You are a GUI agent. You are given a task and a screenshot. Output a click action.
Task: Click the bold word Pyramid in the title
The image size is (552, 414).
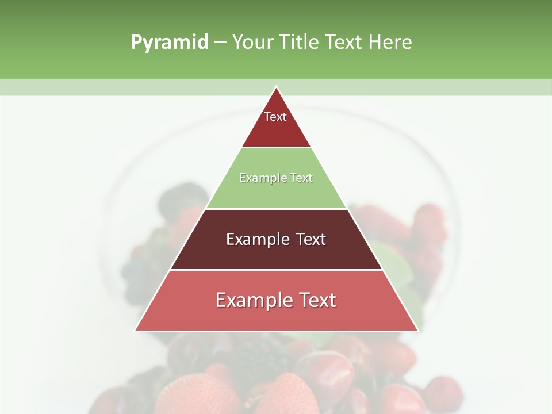169,43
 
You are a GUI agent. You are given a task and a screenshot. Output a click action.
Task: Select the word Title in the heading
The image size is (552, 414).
299,43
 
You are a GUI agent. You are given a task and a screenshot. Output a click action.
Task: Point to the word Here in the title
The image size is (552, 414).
390,43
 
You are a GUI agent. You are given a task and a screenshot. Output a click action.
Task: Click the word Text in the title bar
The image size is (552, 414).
344,43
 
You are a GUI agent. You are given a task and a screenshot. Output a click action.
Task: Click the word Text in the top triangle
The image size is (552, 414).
275,117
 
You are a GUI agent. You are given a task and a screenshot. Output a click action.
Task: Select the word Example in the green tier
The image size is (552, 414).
260,178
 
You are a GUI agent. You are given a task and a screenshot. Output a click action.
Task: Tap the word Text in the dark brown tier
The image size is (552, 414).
310,239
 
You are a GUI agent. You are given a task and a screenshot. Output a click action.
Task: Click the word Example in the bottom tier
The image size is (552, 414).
250,300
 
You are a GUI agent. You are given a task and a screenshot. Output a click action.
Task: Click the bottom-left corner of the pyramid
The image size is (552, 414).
136,330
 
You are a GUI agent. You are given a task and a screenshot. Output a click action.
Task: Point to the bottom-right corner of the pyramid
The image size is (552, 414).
417,330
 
